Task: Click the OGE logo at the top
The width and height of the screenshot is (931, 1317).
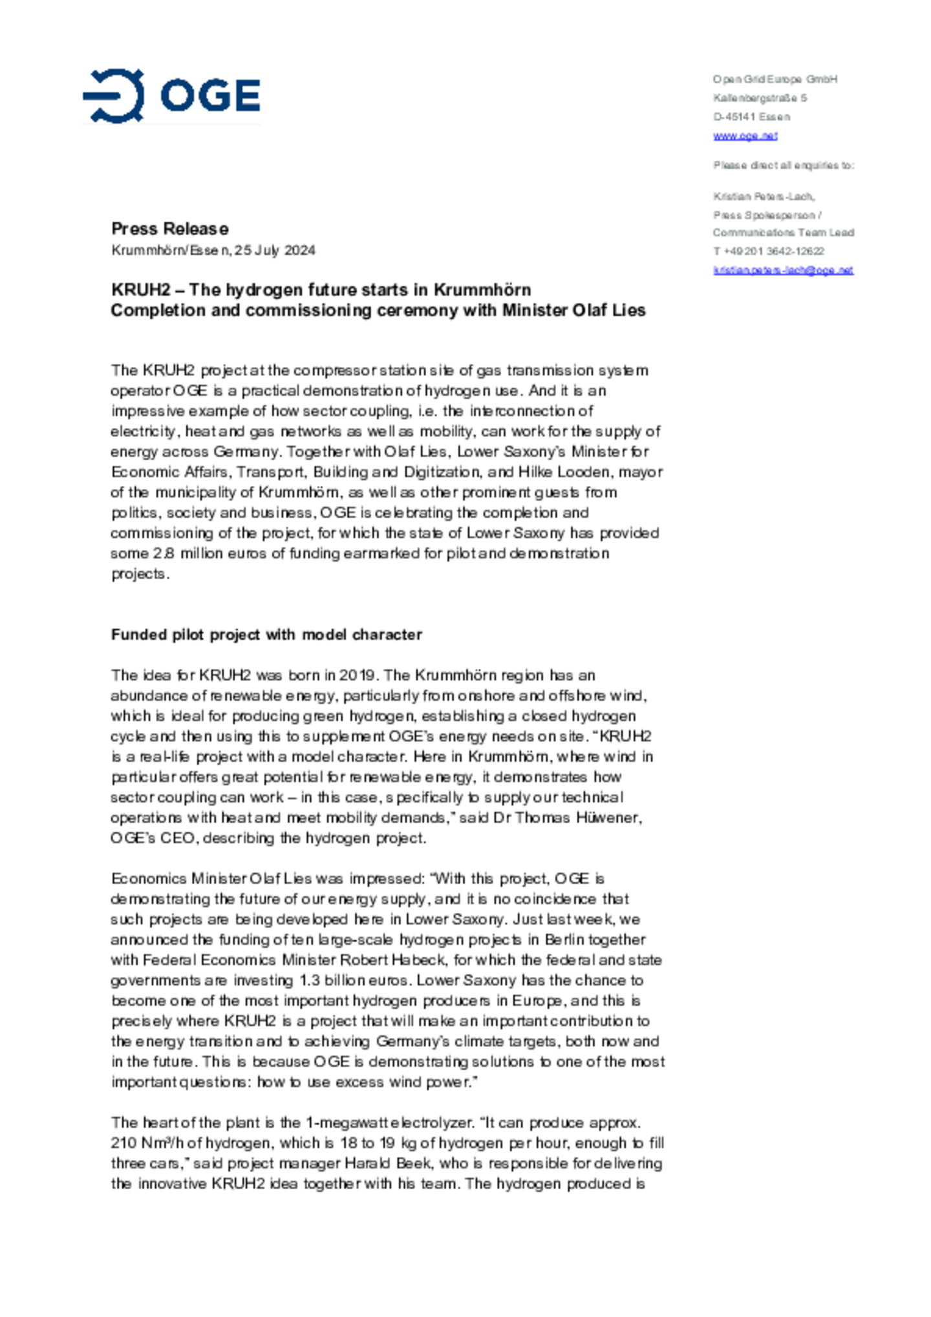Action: [x=172, y=96]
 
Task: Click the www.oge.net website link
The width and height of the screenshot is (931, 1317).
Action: [x=745, y=136]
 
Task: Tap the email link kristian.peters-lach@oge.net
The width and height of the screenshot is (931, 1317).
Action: [x=783, y=270]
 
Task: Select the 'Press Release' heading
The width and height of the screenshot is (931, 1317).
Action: [x=170, y=229]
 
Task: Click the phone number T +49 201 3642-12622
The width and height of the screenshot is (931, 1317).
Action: [x=768, y=251]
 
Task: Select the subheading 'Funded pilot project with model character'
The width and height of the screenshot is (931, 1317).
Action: [x=266, y=635]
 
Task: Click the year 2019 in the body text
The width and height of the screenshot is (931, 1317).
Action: [x=357, y=675]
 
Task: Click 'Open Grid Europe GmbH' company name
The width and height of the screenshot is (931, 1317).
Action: [x=775, y=79]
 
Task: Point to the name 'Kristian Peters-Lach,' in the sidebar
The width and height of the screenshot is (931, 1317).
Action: [x=764, y=196]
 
